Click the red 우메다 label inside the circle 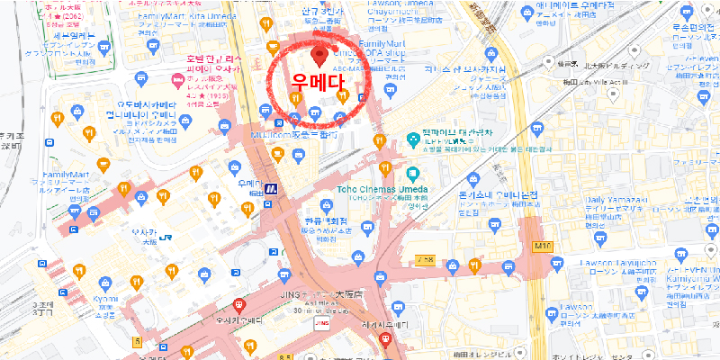pyautogui.click(x=319, y=78)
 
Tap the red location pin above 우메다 pyautogui.click(x=318, y=56)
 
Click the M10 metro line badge pyautogui.click(x=540, y=245)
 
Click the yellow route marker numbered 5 pyautogui.click(x=137, y=341)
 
